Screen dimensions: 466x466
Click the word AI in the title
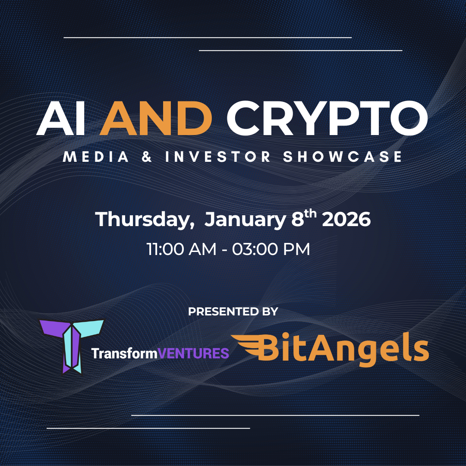click(61, 118)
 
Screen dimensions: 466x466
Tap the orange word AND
click(156, 118)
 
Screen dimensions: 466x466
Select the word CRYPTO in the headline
click(327, 118)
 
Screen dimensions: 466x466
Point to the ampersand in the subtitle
click(147, 157)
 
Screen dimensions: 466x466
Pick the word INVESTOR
click(217, 157)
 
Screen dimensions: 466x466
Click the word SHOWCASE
click(342, 157)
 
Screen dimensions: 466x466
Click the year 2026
click(346, 219)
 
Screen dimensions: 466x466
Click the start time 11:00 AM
click(182, 249)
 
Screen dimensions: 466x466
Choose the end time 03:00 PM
click(271, 249)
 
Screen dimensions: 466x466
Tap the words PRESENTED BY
click(233, 312)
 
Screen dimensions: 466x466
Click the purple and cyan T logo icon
click(72, 346)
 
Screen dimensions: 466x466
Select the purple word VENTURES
click(193, 353)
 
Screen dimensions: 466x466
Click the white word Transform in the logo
click(124, 353)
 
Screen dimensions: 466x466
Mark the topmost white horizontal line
click(208, 38)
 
